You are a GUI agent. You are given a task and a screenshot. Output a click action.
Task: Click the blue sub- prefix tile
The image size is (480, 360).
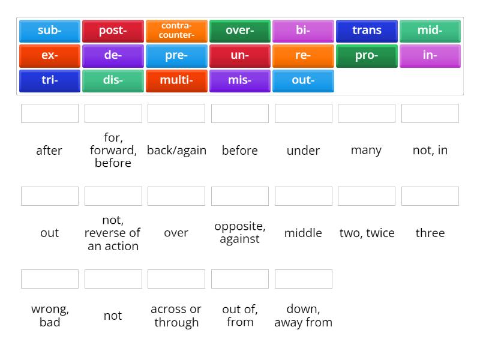click(49, 31)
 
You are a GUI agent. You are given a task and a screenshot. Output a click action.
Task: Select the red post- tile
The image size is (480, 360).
click(113, 31)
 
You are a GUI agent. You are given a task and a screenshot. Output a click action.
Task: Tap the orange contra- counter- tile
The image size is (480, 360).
click(176, 31)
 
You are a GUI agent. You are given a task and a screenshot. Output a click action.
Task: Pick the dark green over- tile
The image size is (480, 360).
click(240, 31)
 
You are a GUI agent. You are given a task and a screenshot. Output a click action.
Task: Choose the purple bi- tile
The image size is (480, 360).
click(303, 31)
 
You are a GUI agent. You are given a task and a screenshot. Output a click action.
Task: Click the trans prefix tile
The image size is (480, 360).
click(367, 31)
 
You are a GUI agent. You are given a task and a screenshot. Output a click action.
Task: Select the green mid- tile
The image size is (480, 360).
click(430, 31)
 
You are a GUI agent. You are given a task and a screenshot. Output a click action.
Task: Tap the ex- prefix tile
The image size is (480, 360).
click(49, 56)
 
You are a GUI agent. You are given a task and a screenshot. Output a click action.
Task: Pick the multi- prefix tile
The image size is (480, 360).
click(176, 80)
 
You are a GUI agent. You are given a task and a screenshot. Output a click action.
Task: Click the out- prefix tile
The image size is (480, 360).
click(303, 80)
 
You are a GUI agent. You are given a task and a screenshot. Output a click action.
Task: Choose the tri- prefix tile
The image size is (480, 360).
click(49, 80)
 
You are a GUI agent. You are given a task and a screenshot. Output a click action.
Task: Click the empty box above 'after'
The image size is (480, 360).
click(50, 113)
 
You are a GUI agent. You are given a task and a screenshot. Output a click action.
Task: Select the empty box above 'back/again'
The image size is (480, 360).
click(176, 113)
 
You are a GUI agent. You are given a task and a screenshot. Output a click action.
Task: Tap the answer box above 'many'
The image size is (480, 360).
click(367, 113)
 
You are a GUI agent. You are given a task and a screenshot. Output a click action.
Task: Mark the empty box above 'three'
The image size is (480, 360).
click(430, 196)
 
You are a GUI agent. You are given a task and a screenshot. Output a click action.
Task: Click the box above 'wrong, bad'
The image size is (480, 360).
click(50, 279)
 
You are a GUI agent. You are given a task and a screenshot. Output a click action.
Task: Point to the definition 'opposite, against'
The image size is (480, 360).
click(240, 233)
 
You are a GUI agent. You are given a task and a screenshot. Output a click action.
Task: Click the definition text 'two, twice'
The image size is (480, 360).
click(367, 233)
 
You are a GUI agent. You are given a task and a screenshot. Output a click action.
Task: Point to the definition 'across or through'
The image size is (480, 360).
click(176, 316)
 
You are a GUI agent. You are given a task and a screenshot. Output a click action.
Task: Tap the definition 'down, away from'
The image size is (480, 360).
click(303, 316)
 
